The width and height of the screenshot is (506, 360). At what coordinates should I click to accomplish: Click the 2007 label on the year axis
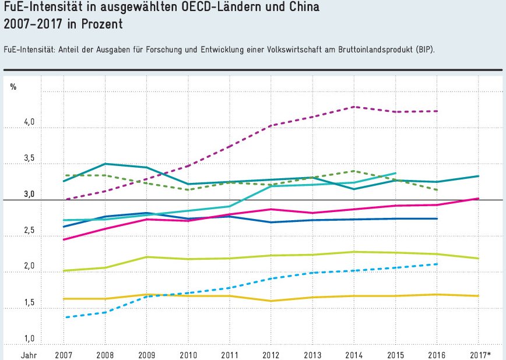[63, 355]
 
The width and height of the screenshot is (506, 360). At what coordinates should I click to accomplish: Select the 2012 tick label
[270, 355]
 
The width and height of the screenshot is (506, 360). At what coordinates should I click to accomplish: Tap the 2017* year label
[480, 355]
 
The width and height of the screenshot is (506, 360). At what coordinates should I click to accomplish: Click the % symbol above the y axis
[13, 87]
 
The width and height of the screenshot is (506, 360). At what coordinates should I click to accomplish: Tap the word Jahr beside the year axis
[30, 355]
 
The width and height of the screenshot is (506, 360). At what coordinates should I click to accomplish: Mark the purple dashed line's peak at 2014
[354, 107]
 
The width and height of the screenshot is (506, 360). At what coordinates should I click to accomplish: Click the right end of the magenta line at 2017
[479, 199]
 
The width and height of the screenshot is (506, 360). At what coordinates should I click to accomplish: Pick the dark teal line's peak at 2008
[104, 164]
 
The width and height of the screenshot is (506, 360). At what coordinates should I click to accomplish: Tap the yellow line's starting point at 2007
[63, 299]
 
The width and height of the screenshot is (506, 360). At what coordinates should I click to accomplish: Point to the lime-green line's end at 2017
[479, 259]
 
